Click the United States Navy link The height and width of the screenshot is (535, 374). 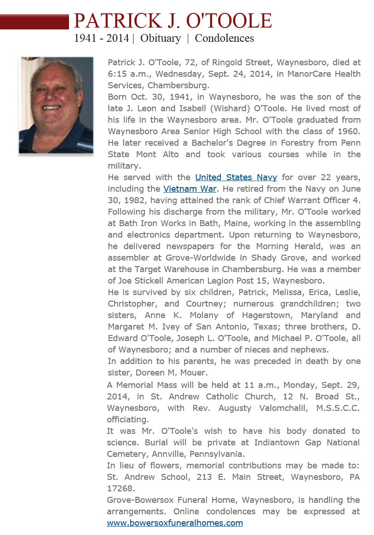[x=236, y=177]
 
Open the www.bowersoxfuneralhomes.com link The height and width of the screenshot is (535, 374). [x=175, y=523]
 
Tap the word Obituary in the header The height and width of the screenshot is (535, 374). [x=161, y=38]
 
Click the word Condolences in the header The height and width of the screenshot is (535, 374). [x=224, y=38]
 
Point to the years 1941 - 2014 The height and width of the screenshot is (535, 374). [x=102, y=38]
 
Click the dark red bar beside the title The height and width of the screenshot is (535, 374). [x=34, y=22]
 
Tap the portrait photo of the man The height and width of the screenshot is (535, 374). [x=56, y=105]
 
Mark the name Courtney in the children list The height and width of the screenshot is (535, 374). [x=205, y=304]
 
